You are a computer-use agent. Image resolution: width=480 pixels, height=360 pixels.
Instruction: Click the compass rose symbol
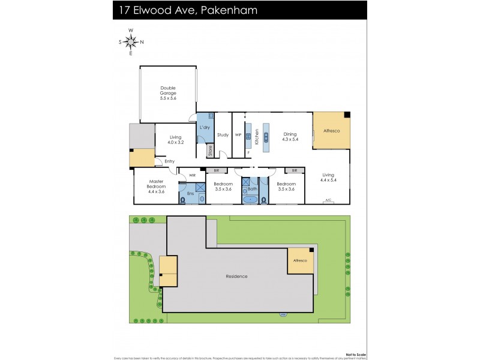(x=131, y=41)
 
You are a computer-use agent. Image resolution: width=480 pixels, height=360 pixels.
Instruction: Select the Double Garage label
(x=168, y=93)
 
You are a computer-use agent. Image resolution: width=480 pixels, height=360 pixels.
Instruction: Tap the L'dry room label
(x=204, y=128)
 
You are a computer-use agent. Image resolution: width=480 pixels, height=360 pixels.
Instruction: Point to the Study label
(x=223, y=135)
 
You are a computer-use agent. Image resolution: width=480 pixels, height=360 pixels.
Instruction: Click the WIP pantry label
(x=238, y=135)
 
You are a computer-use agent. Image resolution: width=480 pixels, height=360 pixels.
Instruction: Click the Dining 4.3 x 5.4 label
(x=290, y=137)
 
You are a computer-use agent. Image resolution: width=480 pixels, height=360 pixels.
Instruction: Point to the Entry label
(x=170, y=161)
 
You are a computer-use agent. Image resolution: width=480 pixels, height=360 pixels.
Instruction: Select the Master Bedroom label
(x=157, y=187)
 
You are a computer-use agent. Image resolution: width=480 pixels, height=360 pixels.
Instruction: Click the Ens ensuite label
(x=190, y=193)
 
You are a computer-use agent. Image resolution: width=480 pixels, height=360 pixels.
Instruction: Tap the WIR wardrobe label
(x=192, y=175)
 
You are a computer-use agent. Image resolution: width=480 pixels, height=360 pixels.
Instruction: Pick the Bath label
(x=252, y=189)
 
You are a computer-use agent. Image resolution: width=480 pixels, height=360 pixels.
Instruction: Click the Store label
(x=210, y=151)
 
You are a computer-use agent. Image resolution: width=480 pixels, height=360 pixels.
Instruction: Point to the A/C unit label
(x=328, y=200)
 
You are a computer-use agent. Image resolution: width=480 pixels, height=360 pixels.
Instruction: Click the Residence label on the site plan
(x=236, y=276)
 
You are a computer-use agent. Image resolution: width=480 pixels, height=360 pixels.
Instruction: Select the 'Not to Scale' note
(x=353, y=353)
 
